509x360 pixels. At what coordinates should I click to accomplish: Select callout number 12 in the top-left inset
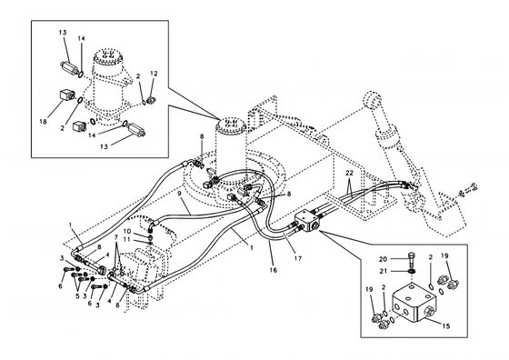[x=154, y=73]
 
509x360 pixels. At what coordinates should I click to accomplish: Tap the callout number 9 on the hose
[x=180, y=193]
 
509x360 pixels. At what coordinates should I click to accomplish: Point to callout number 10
[x=128, y=232]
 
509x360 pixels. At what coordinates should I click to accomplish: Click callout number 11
[x=128, y=240]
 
